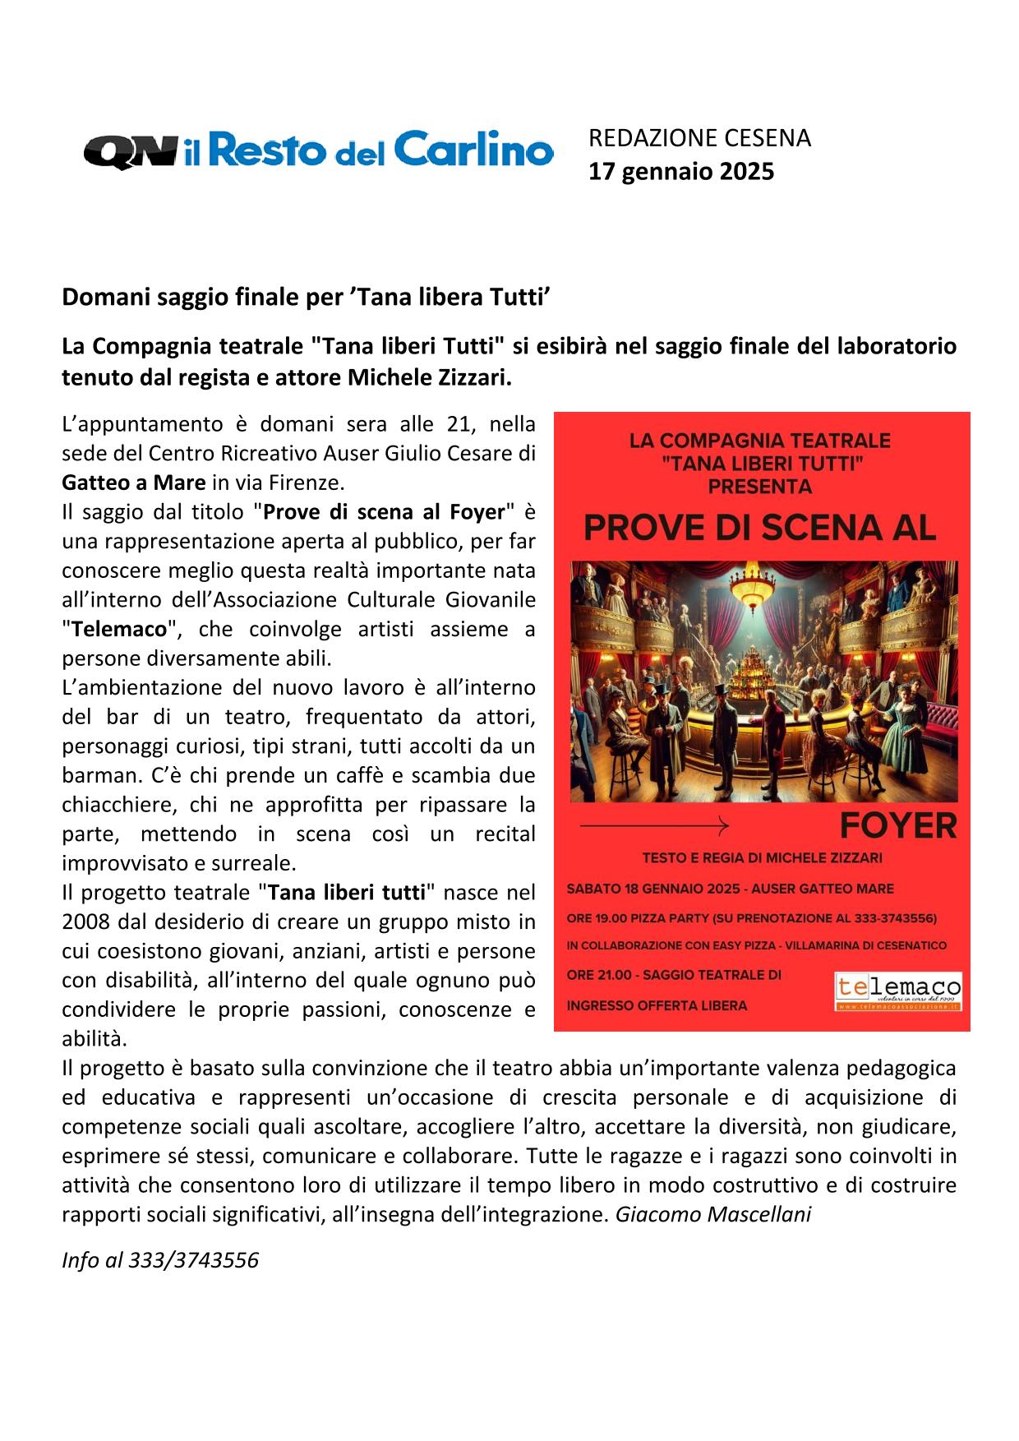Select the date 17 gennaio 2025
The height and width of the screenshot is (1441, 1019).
(x=681, y=172)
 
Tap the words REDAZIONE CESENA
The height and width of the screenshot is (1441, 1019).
(x=699, y=138)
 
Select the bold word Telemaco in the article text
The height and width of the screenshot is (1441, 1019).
(x=118, y=630)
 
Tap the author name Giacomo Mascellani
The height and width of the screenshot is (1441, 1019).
(x=712, y=1214)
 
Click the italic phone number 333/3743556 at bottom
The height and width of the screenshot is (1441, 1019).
(x=194, y=1260)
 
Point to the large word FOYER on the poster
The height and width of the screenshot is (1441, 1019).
(x=898, y=824)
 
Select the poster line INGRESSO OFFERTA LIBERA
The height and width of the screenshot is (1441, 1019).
(x=657, y=1005)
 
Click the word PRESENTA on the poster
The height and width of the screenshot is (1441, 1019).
(x=759, y=486)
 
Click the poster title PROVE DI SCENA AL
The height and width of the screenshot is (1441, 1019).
(x=759, y=528)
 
